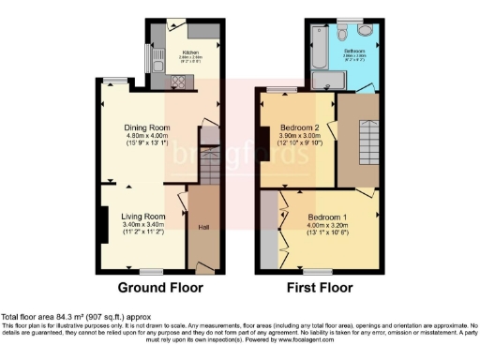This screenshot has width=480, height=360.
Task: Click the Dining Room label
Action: (x=147, y=127)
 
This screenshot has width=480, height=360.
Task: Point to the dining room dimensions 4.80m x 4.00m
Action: (x=147, y=137)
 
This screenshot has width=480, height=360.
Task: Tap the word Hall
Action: (x=202, y=226)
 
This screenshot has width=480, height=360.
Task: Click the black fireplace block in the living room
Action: (x=102, y=221)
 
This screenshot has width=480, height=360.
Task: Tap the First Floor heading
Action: (x=314, y=288)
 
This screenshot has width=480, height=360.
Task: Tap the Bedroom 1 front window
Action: (x=319, y=270)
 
